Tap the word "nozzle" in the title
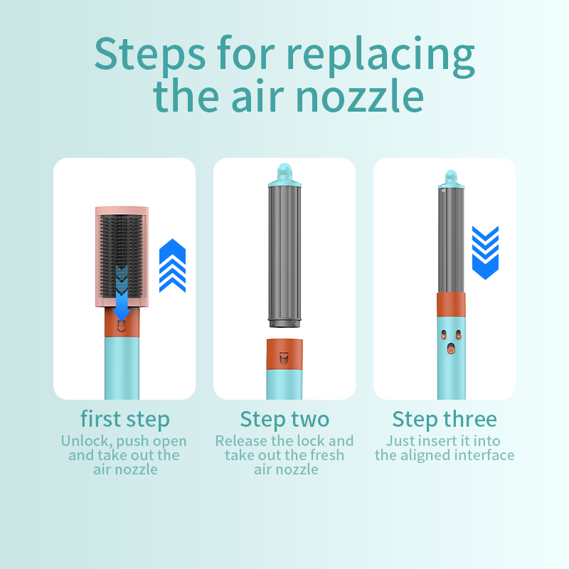[360, 96]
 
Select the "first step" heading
[125, 419]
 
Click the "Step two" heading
[284, 419]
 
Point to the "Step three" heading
[445, 419]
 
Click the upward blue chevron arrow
[172, 265]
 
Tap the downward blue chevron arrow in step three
[485, 252]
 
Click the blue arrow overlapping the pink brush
[122, 293]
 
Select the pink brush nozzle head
[122, 257]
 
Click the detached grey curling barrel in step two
[284, 256]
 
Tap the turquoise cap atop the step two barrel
[284, 175]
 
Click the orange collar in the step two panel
[284, 354]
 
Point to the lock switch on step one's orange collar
[122, 326]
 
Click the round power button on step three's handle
[451, 349]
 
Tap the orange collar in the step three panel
[451, 305]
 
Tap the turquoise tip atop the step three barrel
[451, 179]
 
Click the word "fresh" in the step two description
[326, 455]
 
